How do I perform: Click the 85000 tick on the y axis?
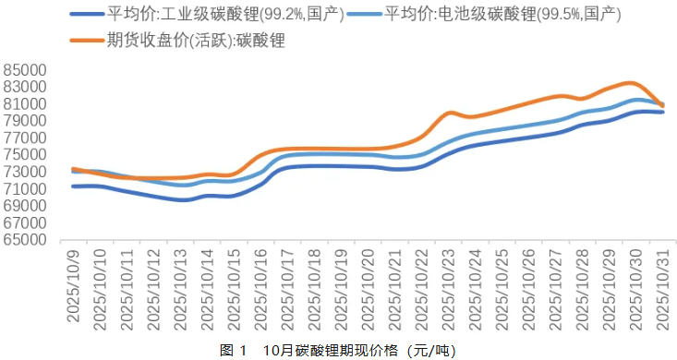click(25, 70)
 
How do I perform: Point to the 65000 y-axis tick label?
click(25, 239)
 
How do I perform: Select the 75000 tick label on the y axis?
click(25, 154)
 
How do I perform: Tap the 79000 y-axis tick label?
click(25, 121)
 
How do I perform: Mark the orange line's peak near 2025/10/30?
click(629, 83)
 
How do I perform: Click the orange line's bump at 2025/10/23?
click(450, 113)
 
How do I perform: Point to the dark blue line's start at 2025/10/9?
click(73, 186)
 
